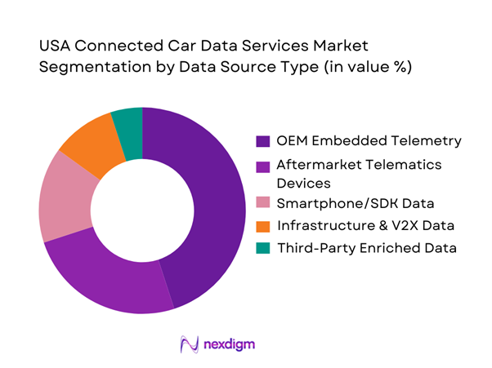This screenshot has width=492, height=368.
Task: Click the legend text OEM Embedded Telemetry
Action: pos(369,141)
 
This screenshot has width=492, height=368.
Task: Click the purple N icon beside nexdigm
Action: pos(190,344)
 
